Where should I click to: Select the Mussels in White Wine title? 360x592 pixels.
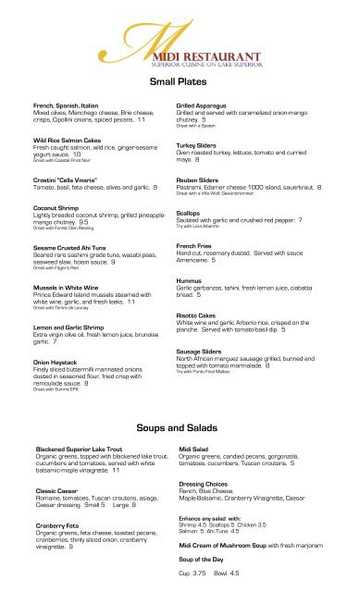click(x=69, y=288)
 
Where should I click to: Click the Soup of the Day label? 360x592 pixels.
click(x=205, y=560)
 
